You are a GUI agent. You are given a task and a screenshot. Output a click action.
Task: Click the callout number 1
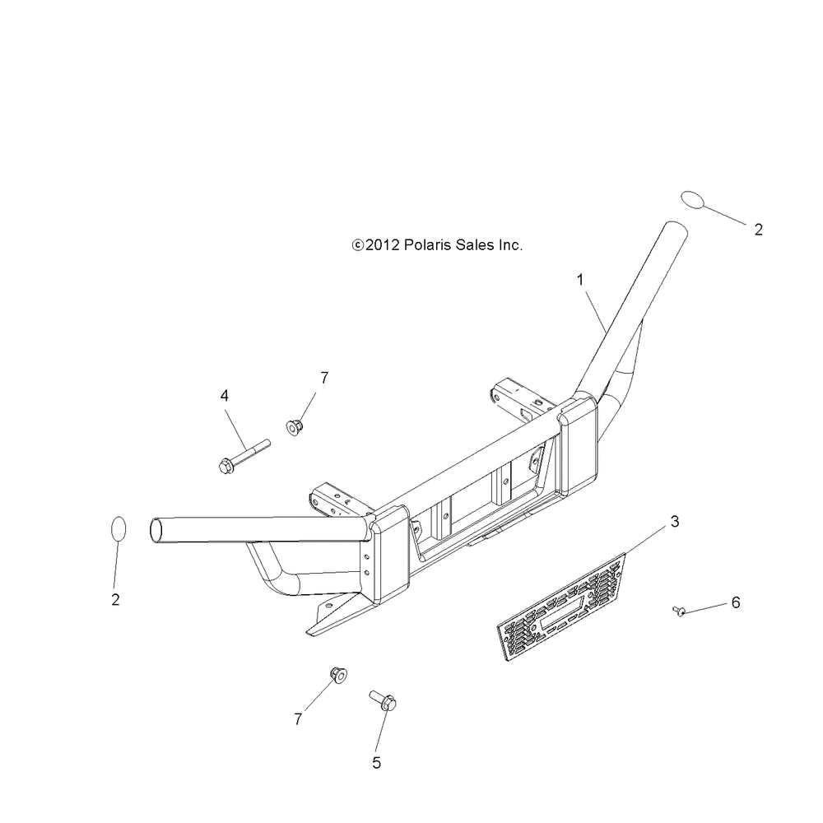580,280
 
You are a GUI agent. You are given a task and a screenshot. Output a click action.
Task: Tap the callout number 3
674,521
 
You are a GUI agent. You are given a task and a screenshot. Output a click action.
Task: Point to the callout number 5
376,763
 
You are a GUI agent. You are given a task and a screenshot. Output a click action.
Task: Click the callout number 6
735,602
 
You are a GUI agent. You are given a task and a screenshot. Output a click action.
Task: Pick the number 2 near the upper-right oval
759,230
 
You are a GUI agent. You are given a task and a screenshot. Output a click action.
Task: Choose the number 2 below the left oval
115,599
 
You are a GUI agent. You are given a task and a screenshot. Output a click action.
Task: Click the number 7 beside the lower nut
298,718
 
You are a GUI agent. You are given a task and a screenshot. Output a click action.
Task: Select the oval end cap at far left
119,528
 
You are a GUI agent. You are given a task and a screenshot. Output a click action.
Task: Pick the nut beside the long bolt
293,425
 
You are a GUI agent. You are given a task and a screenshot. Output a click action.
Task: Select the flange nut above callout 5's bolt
336,675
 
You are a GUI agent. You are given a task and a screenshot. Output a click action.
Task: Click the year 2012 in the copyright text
383,244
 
